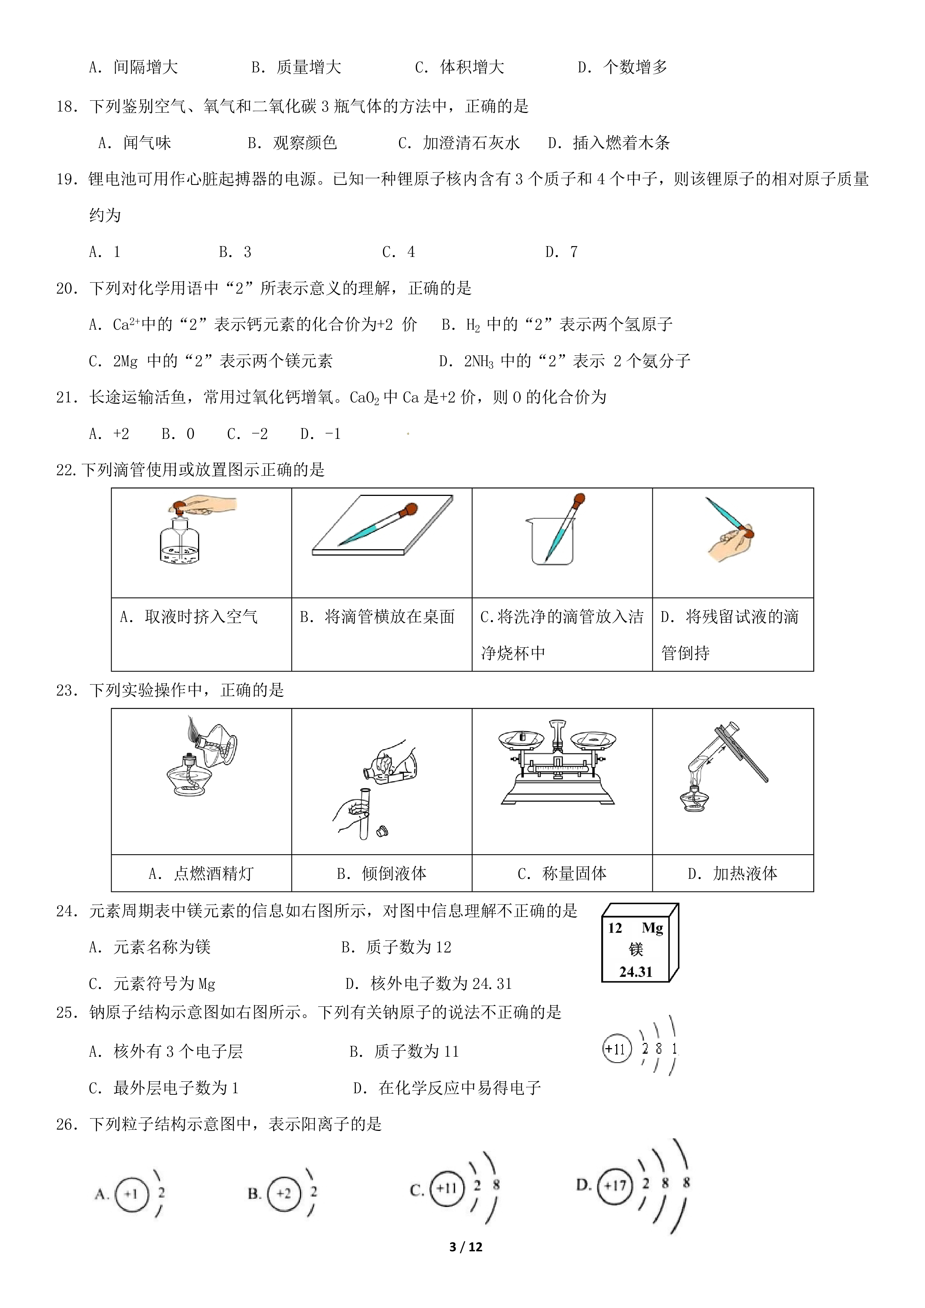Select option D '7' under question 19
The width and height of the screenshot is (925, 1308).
[x=561, y=252]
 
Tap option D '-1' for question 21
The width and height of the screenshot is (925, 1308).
[x=320, y=434]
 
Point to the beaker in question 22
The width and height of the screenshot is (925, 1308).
[x=551, y=541]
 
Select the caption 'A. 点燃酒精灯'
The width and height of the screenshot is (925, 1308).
[x=201, y=873]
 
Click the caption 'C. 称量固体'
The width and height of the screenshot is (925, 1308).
[x=562, y=873]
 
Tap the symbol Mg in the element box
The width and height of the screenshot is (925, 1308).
[x=653, y=928]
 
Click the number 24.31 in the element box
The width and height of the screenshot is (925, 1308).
[x=636, y=972]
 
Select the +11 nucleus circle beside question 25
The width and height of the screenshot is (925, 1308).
[x=617, y=1049]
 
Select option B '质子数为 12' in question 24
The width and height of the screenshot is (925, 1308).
[x=396, y=947]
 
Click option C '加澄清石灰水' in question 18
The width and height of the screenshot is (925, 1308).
[x=459, y=143]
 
